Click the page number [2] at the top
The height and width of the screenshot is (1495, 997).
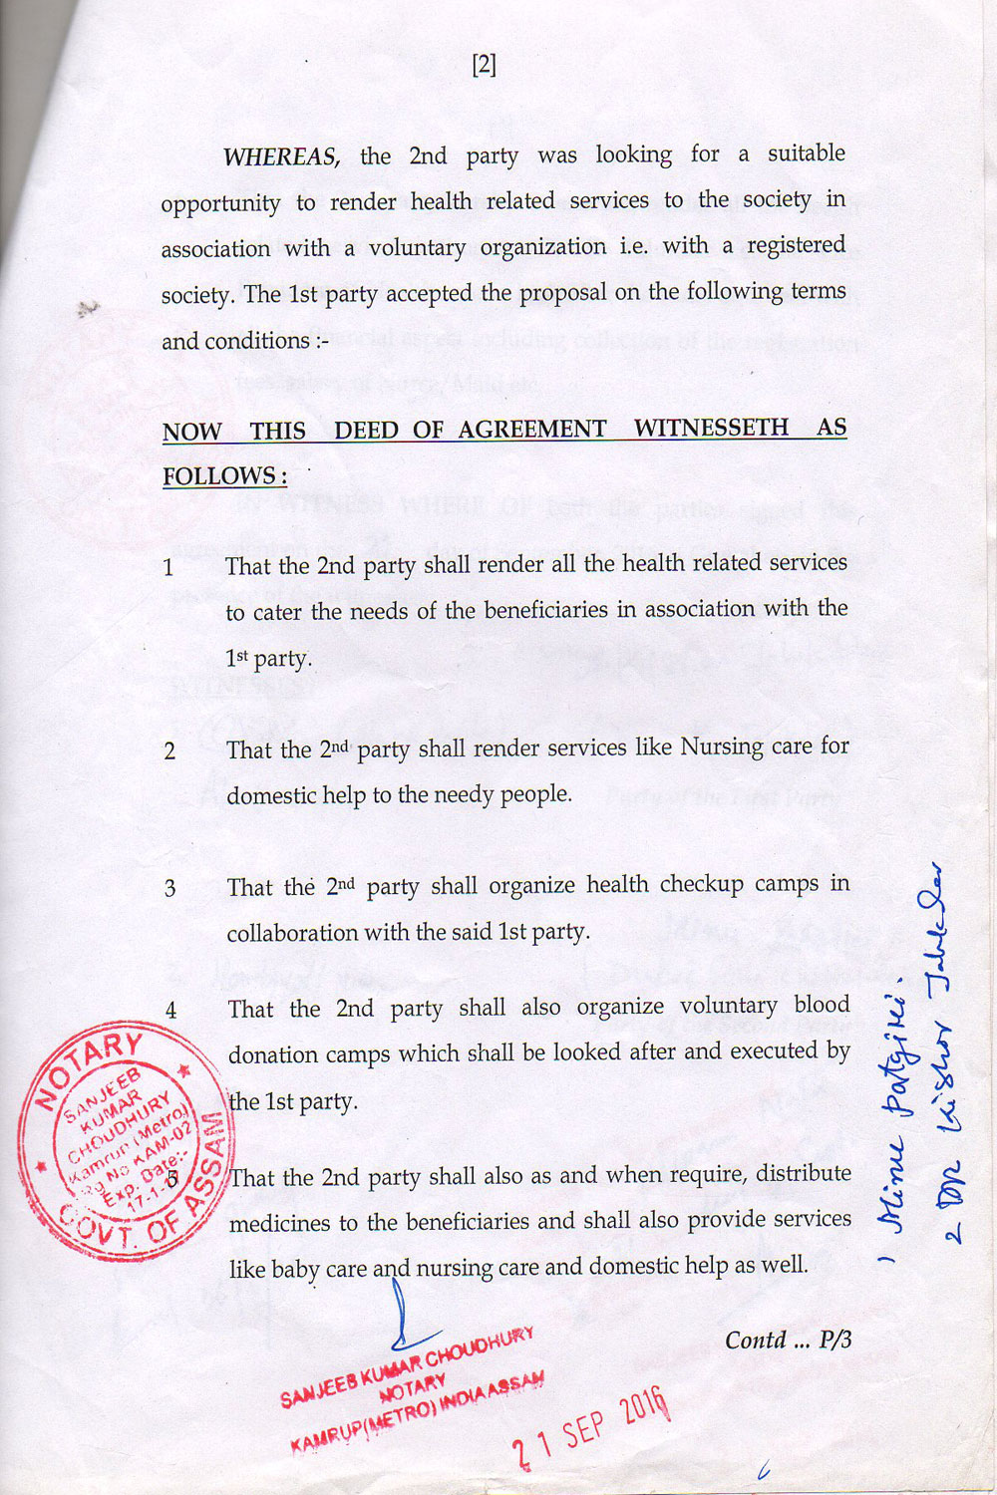coord(484,66)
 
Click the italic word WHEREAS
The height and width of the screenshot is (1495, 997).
coord(282,156)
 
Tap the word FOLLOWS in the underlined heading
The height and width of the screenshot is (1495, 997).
coord(225,476)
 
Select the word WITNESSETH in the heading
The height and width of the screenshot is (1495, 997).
coord(711,428)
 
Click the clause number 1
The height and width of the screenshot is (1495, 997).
coord(168,568)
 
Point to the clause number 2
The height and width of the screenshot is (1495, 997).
coord(169,751)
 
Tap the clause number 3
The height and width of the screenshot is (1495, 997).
coord(170,888)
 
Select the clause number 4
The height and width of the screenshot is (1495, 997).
coord(170,1010)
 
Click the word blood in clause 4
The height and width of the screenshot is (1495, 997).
coord(822,1005)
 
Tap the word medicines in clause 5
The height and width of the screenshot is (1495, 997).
coord(280,1223)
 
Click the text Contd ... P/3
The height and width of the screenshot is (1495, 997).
coord(788,1340)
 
